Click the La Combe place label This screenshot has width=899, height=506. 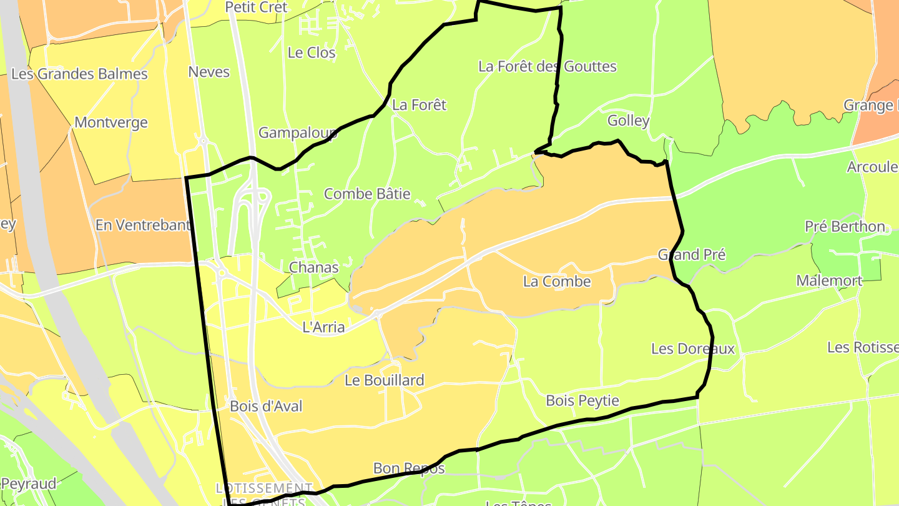[x=557, y=282]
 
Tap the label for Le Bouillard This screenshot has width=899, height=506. [x=385, y=380]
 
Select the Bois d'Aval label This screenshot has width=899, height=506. [x=266, y=407]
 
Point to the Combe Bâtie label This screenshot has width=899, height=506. [x=367, y=194]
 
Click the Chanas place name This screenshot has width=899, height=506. [x=313, y=268]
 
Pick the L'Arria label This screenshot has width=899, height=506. [x=323, y=327]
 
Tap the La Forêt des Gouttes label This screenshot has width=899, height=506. [x=547, y=67]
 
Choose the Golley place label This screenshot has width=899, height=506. [x=628, y=121]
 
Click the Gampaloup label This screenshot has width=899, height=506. [x=298, y=133]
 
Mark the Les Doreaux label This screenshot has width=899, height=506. [x=693, y=349]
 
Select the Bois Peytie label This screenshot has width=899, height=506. [x=582, y=401]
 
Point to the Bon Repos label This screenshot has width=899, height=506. [x=409, y=469]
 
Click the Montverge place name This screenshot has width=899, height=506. [x=111, y=122]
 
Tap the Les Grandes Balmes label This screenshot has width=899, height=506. [x=79, y=74]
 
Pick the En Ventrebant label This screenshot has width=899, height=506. [x=143, y=225]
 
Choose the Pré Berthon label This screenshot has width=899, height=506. [x=845, y=227]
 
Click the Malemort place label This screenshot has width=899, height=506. [x=829, y=281]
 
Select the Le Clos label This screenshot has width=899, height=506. [x=312, y=53]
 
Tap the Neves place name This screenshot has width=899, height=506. [x=209, y=72]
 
